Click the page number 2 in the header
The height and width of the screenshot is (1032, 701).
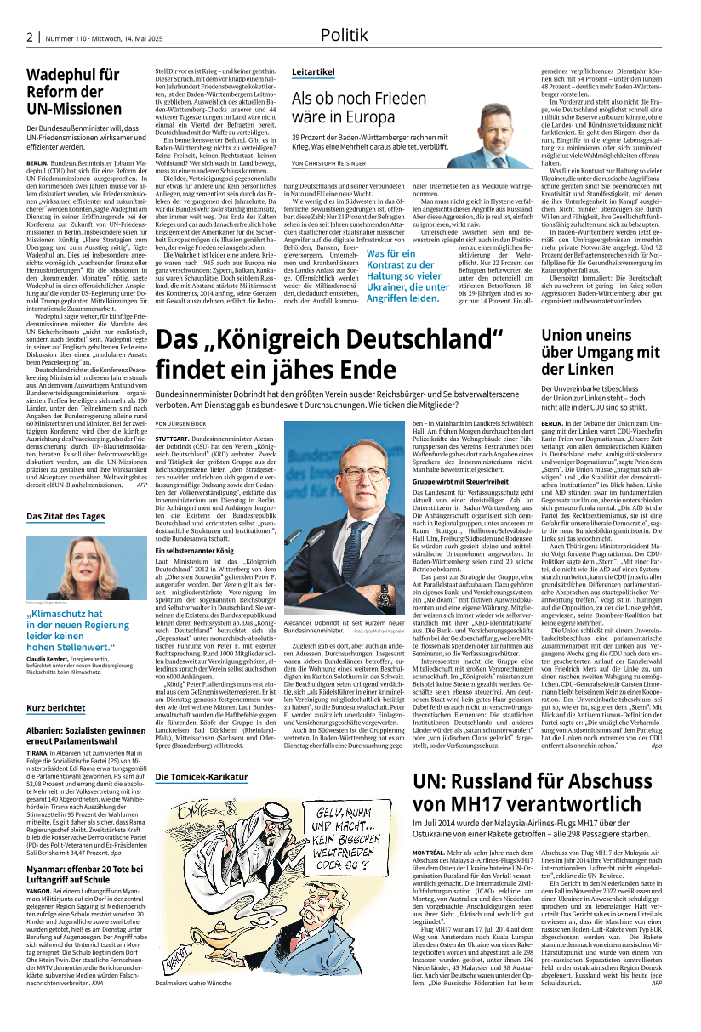29,37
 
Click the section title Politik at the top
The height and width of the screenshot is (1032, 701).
344,35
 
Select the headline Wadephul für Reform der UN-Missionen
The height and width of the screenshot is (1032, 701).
73,93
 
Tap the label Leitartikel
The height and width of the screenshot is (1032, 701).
313,71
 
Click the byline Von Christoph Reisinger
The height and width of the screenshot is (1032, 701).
335,162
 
